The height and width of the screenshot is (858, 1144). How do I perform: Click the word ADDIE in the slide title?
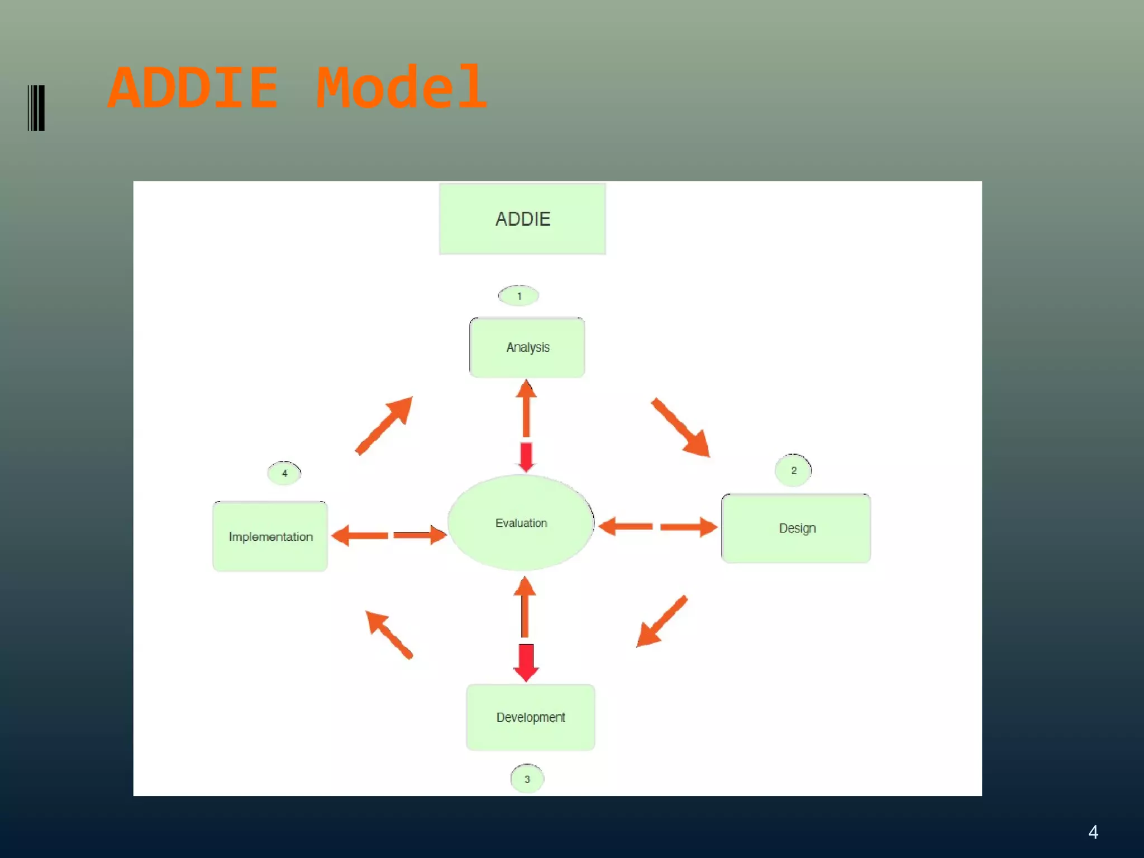pyautogui.click(x=193, y=88)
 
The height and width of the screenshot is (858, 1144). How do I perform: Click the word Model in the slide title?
pyautogui.click(x=401, y=88)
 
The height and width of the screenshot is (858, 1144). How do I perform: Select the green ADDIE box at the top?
pyautogui.click(x=522, y=219)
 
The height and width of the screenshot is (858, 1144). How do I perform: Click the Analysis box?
pyautogui.click(x=527, y=347)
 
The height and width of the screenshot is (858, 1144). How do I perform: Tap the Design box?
pyautogui.click(x=796, y=528)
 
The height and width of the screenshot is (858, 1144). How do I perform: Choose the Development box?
pyautogui.click(x=530, y=717)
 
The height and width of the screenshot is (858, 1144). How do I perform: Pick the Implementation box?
pyautogui.click(x=270, y=537)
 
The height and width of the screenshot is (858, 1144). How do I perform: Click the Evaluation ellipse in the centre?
pyautogui.click(x=521, y=523)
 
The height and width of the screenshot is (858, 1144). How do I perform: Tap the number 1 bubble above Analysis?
pyautogui.click(x=519, y=296)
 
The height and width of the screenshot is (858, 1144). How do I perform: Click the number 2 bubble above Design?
pyautogui.click(x=793, y=470)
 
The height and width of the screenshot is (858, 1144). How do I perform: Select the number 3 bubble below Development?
pyautogui.click(x=527, y=779)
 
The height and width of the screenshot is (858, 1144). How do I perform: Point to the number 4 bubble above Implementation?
pyautogui.click(x=284, y=473)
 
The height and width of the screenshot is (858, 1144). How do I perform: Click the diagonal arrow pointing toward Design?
pyautogui.click(x=681, y=428)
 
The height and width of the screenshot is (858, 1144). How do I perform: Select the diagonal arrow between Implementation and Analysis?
pyautogui.click(x=385, y=425)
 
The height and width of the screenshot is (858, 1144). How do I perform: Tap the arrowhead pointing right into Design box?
pyautogui.click(x=708, y=527)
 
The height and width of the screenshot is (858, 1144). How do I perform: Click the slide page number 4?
pyautogui.click(x=1093, y=832)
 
